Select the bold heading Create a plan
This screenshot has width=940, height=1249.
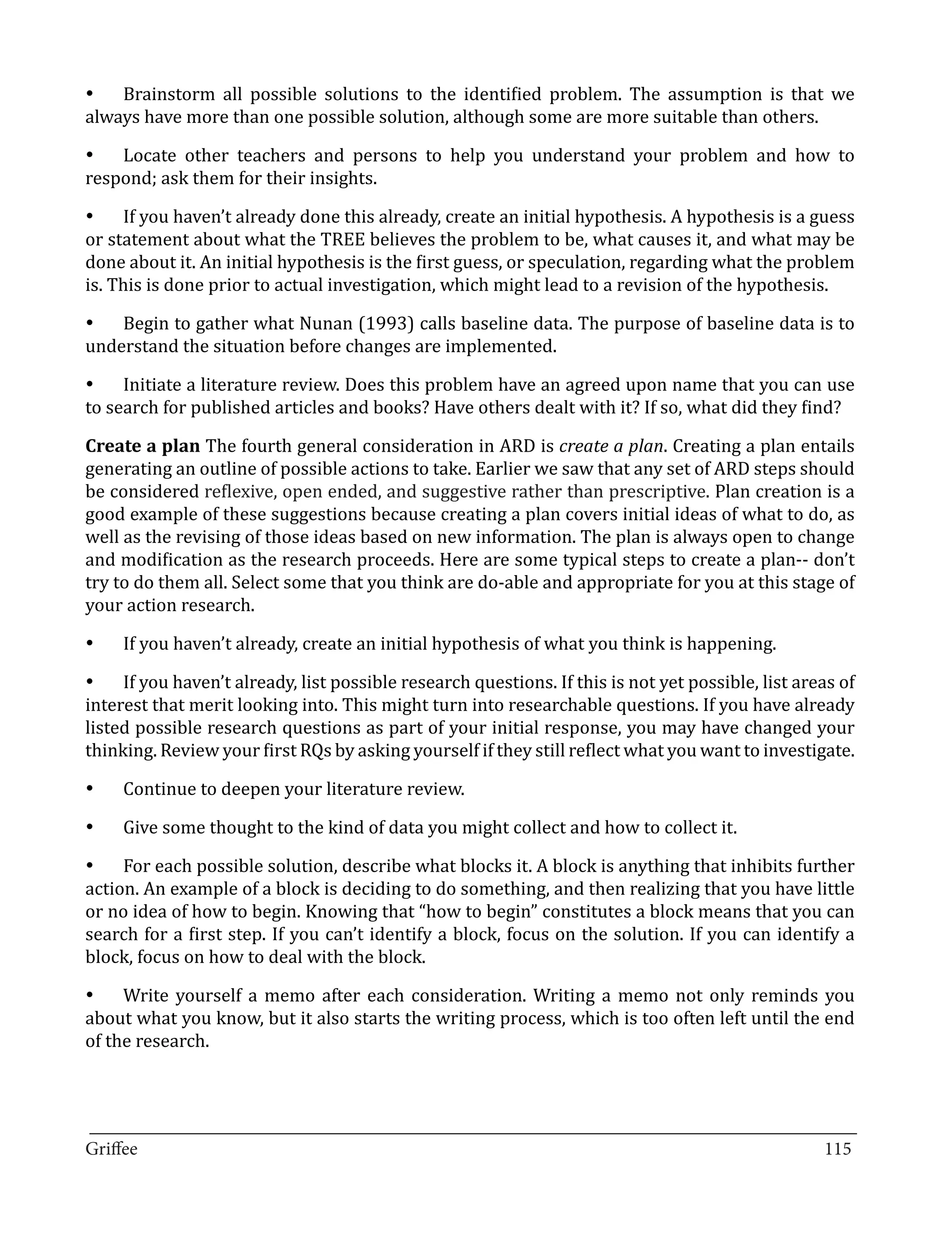pos(142,446)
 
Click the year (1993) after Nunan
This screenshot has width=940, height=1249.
pos(386,324)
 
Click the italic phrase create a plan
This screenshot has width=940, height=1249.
pos(610,446)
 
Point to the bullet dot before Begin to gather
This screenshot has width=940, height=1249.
pos(89,324)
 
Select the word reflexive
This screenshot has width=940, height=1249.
pos(240,492)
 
